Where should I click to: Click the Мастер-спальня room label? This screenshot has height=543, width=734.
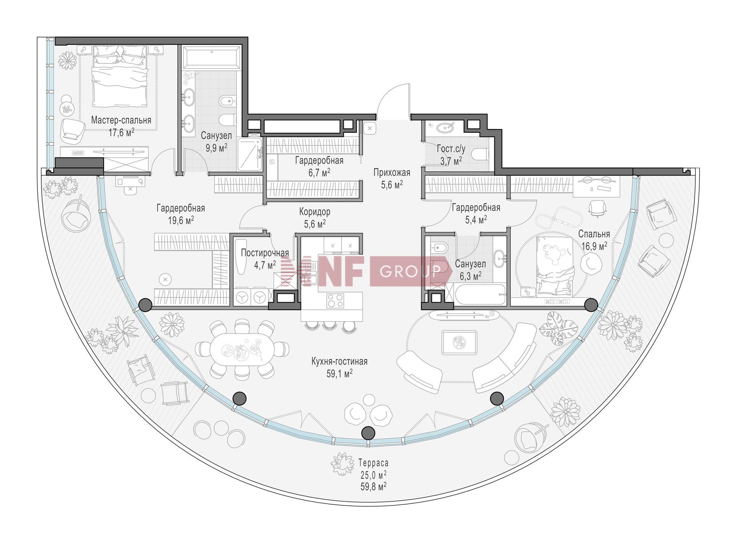(x=121, y=120)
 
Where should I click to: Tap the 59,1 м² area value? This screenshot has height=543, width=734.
(x=339, y=374)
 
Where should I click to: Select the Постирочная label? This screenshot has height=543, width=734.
(x=265, y=253)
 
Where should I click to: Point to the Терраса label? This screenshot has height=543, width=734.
(x=373, y=463)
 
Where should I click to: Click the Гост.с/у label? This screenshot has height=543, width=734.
(x=451, y=148)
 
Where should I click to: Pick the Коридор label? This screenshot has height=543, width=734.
(x=315, y=211)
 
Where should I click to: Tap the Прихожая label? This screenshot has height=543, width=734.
(x=392, y=172)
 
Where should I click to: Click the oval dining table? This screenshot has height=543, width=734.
(x=242, y=348)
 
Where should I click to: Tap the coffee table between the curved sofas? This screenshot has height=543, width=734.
(x=459, y=343)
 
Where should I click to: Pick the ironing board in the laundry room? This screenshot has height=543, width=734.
(x=241, y=257)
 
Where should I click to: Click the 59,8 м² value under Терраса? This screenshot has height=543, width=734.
(x=373, y=486)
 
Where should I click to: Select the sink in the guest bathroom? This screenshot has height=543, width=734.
(x=444, y=127)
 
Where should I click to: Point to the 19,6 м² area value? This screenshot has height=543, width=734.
(x=180, y=220)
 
